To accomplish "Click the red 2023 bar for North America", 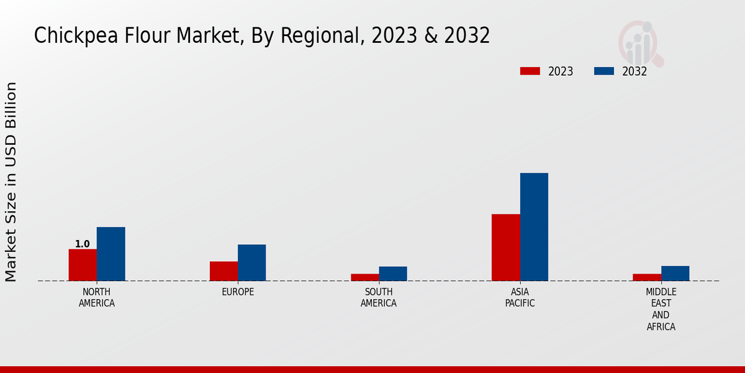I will [x=83, y=265].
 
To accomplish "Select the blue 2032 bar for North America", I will [x=111, y=254].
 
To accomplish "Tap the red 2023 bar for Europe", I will [x=223, y=271].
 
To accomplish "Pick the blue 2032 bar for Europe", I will [x=251, y=262].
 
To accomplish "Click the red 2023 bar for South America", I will [x=364, y=277].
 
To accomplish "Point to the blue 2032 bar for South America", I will [x=393, y=274].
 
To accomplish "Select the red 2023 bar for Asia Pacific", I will [x=505, y=247].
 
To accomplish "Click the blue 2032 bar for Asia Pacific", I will [x=534, y=227].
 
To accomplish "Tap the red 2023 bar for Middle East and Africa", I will [x=647, y=277].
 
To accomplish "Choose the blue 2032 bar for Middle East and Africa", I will [x=675, y=274].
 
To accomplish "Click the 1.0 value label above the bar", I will [x=83, y=244].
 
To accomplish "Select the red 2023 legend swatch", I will [x=530, y=71].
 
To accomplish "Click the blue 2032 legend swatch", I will [x=604, y=71].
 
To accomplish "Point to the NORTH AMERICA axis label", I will [x=97, y=298].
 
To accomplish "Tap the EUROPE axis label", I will [x=238, y=292].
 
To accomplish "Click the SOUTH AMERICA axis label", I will [x=379, y=298].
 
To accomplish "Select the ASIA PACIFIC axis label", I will [x=520, y=298].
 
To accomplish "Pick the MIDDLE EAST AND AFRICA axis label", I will [x=661, y=309].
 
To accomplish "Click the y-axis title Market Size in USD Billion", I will [x=11, y=182].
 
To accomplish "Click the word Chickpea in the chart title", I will [x=69, y=36].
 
